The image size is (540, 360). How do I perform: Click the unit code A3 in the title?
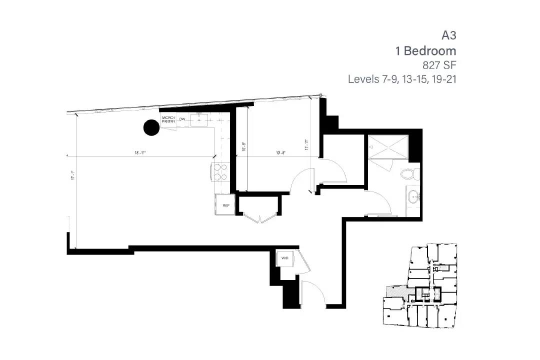448,35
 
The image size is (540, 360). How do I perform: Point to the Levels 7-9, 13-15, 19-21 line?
402,79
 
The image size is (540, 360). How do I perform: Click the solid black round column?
151,127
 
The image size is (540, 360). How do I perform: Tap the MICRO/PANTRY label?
168,120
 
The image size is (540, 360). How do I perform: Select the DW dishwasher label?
182,119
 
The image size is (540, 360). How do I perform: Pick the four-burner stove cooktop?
220,172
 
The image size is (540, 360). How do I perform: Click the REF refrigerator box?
225,205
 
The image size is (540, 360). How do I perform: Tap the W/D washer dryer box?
285,258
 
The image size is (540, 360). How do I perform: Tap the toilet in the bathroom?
411,174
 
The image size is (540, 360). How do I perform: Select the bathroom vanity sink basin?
413,196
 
